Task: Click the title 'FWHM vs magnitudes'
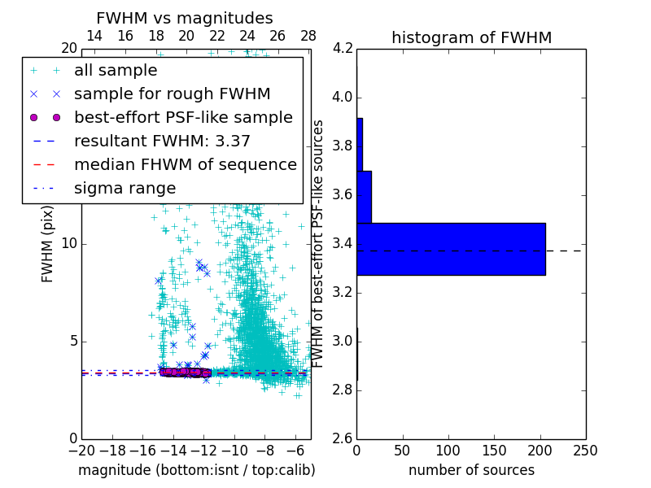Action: pos(184,18)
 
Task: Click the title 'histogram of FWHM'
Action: pos(471,37)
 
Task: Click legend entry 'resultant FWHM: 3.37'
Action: pos(162,141)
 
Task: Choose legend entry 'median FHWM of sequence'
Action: pos(185,164)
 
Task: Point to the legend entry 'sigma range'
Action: pos(125,188)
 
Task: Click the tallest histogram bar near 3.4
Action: pos(451,249)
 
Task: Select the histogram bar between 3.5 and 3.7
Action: pos(364,197)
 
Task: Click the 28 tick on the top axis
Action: pos(308,36)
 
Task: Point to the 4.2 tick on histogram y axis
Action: pos(342,49)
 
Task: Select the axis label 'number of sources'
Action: pos(471,470)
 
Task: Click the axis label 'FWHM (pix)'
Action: pos(48,244)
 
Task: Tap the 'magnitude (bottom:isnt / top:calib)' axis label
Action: pos(196,470)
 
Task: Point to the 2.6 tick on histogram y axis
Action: pos(342,438)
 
